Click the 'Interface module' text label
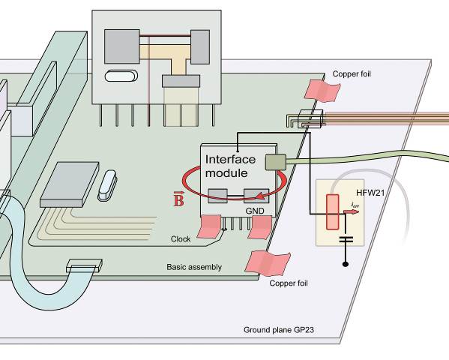pyautogui.click(x=230, y=166)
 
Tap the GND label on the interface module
pyautogui.click(x=255, y=211)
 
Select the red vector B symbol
pyautogui.click(x=178, y=199)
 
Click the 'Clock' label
pyautogui.click(x=181, y=239)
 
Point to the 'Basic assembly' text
pyautogui.click(x=194, y=267)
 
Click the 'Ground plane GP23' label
pyautogui.click(x=279, y=330)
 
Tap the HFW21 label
pyautogui.click(x=370, y=193)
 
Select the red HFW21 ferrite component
pyautogui.click(x=333, y=212)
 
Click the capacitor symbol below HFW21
pyautogui.click(x=346, y=239)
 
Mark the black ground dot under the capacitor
pyautogui.click(x=346, y=264)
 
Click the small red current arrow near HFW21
pyautogui.click(x=351, y=211)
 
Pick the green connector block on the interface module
pyautogui.click(x=276, y=162)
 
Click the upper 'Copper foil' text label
pyautogui.click(x=352, y=74)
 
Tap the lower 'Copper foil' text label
pyautogui.click(x=289, y=283)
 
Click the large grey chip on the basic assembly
pyautogui.click(x=70, y=184)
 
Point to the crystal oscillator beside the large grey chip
pyautogui.click(x=107, y=185)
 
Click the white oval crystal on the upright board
pyautogui.click(x=121, y=76)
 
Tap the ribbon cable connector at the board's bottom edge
pyautogui.click(x=84, y=265)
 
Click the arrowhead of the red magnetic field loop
pyautogui.click(x=259, y=196)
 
